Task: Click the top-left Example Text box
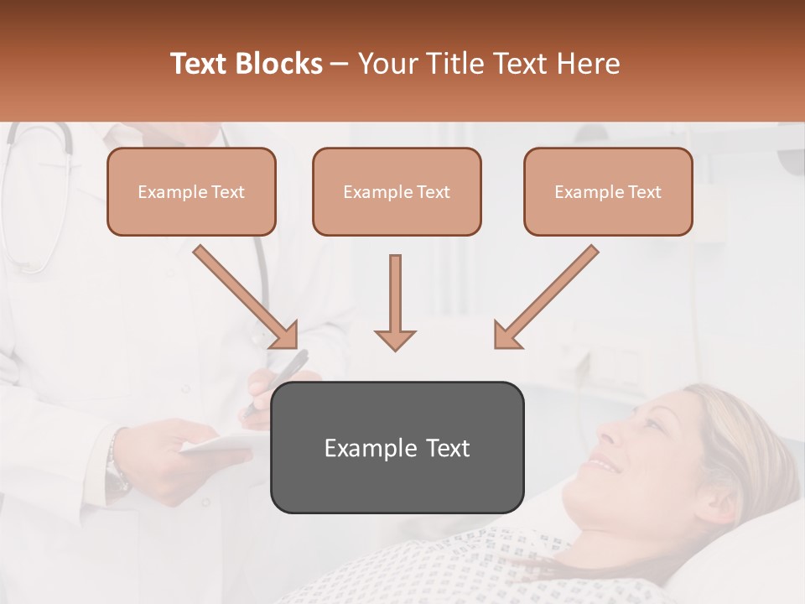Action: (x=191, y=191)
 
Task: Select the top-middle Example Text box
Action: (x=397, y=191)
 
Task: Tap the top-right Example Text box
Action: (x=608, y=191)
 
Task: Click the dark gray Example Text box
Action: (x=397, y=447)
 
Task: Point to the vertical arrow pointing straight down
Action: (x=395, y=302)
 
